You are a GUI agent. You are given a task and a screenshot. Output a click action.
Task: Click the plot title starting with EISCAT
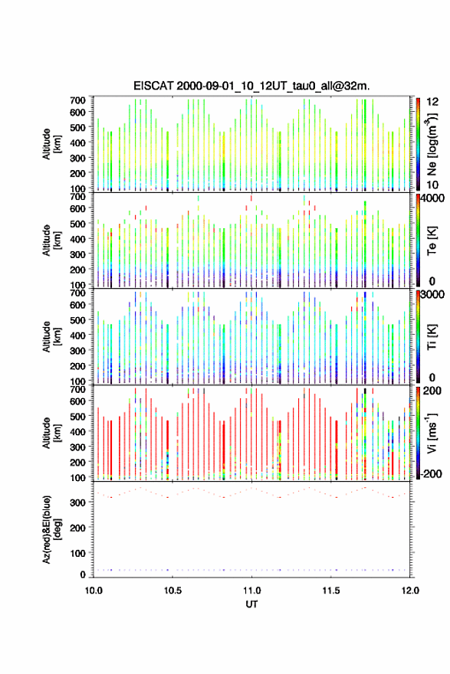click(x=251, y=86)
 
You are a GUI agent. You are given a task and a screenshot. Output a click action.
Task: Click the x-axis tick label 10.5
click(x=172, y=591)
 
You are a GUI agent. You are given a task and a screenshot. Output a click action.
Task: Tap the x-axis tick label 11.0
click(x=251, y=591)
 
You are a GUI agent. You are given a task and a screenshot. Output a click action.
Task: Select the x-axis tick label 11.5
click(x=331, y=591)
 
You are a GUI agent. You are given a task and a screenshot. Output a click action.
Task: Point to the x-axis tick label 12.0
click(x=410, y=591)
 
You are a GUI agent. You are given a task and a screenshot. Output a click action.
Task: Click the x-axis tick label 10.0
click(x=94, y=591)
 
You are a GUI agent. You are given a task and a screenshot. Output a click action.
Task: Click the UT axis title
click(x=251, y=604)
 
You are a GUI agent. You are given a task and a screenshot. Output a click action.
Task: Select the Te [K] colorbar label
click(x=432, y=240)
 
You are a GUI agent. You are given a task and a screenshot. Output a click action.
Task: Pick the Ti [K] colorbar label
click(x=432, y=337)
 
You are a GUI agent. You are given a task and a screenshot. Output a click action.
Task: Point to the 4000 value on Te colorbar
click(x=433, y=198)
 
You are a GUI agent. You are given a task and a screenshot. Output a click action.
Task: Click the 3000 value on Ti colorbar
click(x=433, y=294)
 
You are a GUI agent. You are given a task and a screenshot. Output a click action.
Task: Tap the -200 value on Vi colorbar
click(x=431, y=473)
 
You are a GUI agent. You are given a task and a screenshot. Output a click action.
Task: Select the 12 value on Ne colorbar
click(x=432, y=102)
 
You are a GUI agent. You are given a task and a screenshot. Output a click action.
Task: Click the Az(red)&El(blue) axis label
click(x=51, y=529)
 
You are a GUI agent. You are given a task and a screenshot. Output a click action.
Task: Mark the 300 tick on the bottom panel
click(x=78, y=502)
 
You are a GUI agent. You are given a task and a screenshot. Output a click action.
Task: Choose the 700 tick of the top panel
click(x=78, y=100)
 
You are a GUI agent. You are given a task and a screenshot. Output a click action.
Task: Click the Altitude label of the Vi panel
click(x=51, y=433)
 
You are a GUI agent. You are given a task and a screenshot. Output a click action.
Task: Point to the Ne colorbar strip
click(x=418, y=144)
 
